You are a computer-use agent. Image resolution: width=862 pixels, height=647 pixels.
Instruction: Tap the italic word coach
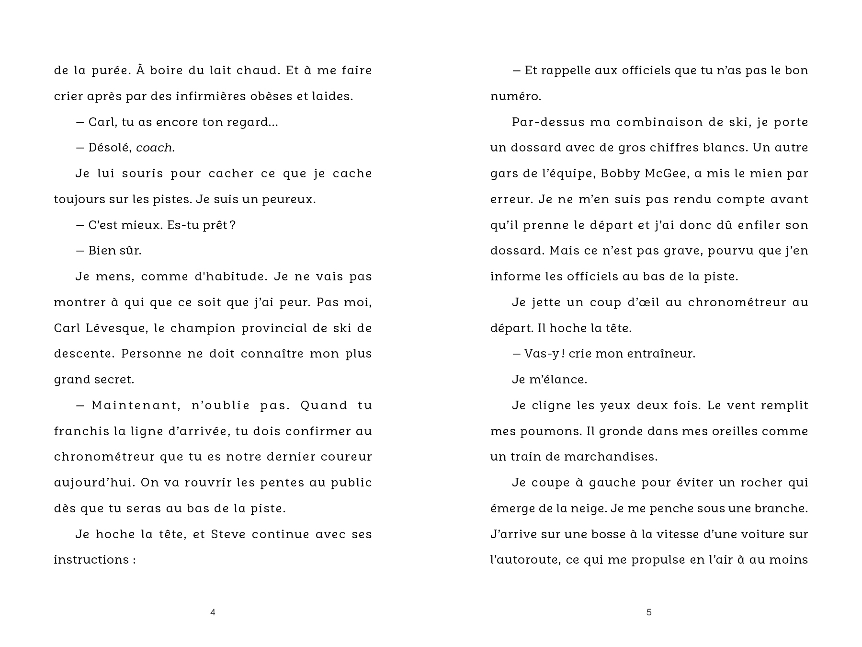(155, 148)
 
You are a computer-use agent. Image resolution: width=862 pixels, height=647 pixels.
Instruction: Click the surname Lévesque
(112, 328)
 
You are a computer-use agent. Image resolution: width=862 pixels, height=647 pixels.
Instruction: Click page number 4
(213, 612)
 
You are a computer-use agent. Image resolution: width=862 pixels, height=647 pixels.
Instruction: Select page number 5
(649, 612)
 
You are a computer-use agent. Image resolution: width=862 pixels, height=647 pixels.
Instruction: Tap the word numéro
(515, 96)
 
